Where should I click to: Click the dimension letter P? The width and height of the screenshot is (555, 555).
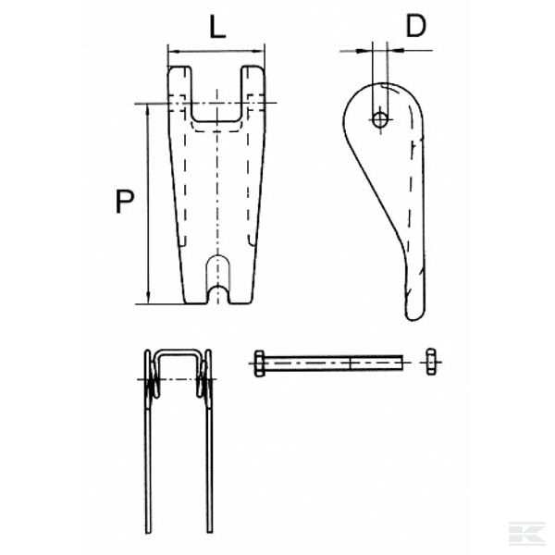(x=124, y=201)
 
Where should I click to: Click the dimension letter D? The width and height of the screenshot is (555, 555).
(x=416, y=26)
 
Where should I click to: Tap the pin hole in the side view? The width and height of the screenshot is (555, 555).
(x=379, y=118)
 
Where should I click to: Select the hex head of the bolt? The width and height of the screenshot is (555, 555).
(x=259, y=364)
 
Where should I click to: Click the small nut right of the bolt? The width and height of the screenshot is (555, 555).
(x=429, y=363)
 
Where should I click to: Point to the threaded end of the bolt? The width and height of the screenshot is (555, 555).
(x=379, y=364)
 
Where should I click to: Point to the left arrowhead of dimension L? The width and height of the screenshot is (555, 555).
(x=171, y=51)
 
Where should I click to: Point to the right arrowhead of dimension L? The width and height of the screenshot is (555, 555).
(x=262, y=51)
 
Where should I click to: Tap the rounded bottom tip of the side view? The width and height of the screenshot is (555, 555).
(x=413, y=311)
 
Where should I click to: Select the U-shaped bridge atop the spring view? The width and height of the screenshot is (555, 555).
(x=178, y=352)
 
